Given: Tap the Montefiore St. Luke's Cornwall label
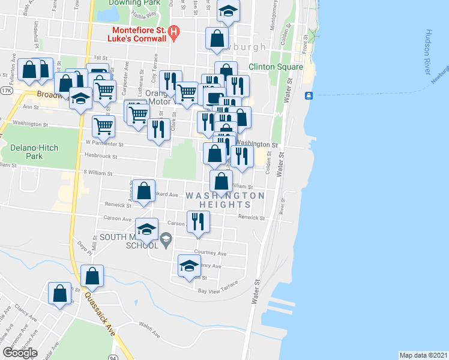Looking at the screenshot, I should pos(137,34).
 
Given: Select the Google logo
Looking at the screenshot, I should pos(20,353).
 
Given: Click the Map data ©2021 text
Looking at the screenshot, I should pos(423,355).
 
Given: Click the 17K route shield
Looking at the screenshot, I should pos(6,91).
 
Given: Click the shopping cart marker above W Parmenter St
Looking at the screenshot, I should pos(103,125).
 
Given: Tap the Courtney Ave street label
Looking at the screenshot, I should pos(209,253).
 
